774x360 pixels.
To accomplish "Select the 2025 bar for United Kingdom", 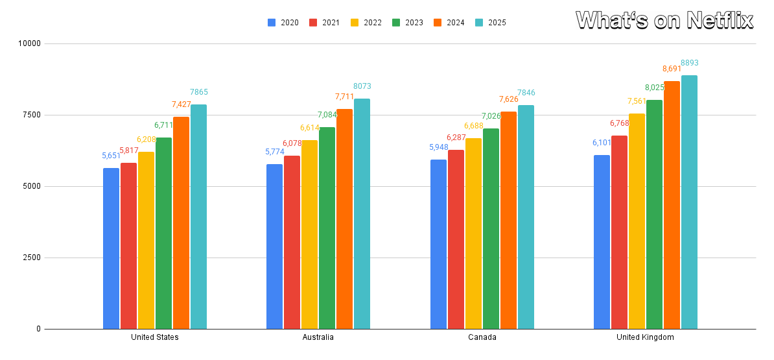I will (x=689, y=202).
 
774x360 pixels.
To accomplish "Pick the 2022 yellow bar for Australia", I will (x=309, y=234).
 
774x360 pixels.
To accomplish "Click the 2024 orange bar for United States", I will (x=181, y=222).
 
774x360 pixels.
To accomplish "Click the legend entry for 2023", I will (x=408, y=23).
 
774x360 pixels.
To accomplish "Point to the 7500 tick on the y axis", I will (x=30, y=115).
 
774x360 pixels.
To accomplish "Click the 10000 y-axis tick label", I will (x=28, y=43).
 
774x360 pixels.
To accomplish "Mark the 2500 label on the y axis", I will (x=30, y=258).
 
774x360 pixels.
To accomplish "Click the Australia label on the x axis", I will (x=318, y=337).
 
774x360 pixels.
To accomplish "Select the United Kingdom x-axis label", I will (x=645, y=337).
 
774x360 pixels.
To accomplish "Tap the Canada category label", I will (x=482, y=337).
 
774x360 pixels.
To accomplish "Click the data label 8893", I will (x=689, y=63).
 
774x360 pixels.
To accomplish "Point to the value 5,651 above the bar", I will (x=111, y=156).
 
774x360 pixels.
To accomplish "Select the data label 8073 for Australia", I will (x=362, y=86).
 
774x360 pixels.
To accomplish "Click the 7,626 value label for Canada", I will (x=508, y=99).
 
